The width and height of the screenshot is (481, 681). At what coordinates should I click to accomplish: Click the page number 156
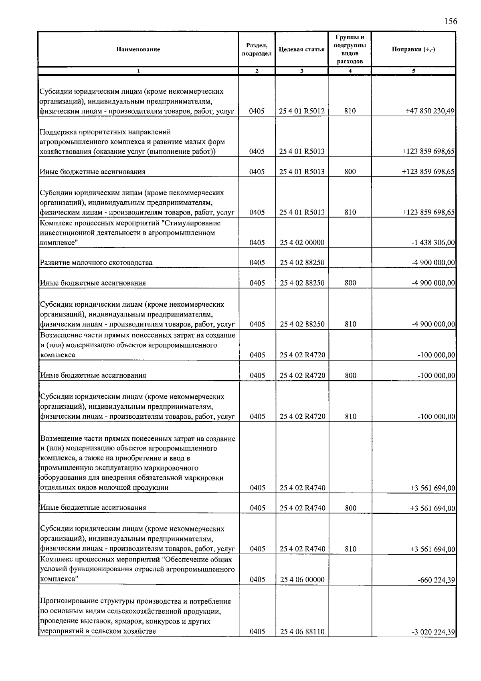pyautogui.click(x=450, y=21)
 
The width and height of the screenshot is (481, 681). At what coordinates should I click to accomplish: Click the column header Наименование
pyautogui.click(x=138, y=49)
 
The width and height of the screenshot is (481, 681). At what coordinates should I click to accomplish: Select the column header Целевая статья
pyautogui.click(x=301, y=49)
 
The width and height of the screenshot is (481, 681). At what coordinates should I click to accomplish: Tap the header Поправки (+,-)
pyautogui.click(x=413, y=49)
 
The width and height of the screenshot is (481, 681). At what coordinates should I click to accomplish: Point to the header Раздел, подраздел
pyautogui.click(x=257, y=49)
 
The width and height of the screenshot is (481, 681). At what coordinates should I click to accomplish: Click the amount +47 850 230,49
pyautogui.click(x=430, y=111)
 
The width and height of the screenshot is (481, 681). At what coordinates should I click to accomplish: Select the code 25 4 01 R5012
pyautogui.click(x=301, y=111)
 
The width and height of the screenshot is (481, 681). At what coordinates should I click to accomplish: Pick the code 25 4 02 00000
pyautogui.click(x=301, y=243)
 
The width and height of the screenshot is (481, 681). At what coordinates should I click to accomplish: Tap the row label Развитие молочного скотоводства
pyautogui.click(x=96, y=263)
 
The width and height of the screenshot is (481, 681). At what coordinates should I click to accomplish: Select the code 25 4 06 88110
pyautogui.click(x=301, y=632)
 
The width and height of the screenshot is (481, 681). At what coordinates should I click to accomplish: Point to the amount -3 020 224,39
pyautogui.click(x=433, y=632)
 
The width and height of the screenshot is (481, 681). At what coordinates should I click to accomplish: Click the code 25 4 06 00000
pyautogui.click(x=301, y=580)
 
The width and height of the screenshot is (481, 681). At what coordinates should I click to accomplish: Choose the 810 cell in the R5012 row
pyautogui.click(x=350, y=111)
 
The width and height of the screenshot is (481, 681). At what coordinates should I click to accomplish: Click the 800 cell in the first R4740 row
pyautogui.click(x=350, y=508)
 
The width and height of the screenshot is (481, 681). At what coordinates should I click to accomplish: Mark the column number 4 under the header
pyautogui.click(x=350, y=71)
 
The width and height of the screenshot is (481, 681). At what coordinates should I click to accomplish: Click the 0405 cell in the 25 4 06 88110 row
pyautogui.click(x=257, y=632)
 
